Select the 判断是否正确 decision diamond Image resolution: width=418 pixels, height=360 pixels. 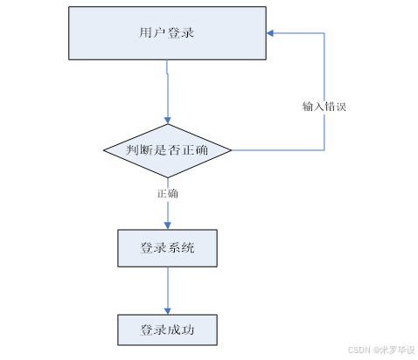[166, 149]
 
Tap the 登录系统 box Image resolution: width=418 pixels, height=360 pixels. [166, 248]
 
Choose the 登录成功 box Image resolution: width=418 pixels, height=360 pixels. [166, 330]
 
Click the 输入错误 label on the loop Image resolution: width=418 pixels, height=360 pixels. [325, 107]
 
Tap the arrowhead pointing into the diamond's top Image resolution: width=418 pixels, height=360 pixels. [166, 119]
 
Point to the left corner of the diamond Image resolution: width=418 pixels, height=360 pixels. [104, 149]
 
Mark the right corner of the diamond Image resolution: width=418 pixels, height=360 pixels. [232, 149]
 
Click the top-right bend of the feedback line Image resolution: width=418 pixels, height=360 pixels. [325, 34]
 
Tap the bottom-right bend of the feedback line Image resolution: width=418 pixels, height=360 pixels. [325, 149]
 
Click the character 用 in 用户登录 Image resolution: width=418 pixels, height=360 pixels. [145, 34]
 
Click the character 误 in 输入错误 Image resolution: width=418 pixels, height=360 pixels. [344, 107]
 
